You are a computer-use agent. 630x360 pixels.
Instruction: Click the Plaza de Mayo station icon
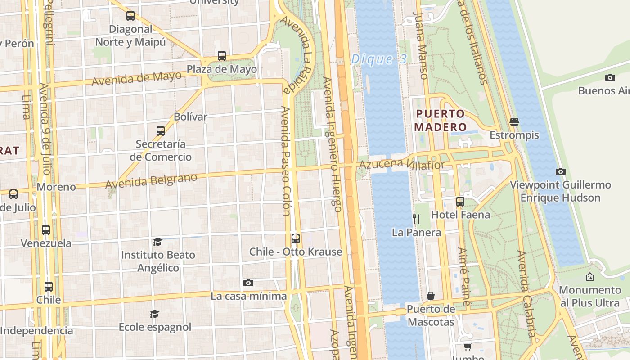(x=222, y=56)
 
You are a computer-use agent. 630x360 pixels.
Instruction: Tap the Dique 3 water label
(x=379, y=59)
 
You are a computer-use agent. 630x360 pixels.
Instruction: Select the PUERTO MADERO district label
(x=440, y=120)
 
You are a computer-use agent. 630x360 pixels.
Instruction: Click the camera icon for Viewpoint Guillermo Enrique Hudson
(x=560, y=171)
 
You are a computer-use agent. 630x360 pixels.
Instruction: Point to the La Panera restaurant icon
(x=416, y=219)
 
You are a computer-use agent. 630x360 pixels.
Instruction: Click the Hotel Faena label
(x=460, y=215)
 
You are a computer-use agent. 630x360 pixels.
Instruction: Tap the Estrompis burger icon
(x=514, y=121)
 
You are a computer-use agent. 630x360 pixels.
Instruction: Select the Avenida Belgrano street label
(x=151, y=181)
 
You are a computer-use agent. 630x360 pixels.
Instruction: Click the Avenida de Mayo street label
(x=137, y=78)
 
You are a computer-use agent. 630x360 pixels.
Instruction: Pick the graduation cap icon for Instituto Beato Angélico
(x=157, y=242)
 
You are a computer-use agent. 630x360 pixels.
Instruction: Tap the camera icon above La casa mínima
(x=248, y=283)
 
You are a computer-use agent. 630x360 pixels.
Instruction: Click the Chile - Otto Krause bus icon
(x=296, y=238)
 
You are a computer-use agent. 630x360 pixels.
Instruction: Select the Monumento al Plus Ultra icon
(x=589, y=277)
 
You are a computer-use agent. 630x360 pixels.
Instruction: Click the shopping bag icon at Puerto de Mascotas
(x=431, y=296)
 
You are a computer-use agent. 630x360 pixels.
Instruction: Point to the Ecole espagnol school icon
(x=155, y=314)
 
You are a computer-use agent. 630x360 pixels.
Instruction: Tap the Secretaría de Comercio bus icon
(x=161, y=131)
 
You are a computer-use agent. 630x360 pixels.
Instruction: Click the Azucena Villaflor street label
(x=401, y=165)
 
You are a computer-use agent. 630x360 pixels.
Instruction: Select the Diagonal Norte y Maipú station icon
(x=130, y=16)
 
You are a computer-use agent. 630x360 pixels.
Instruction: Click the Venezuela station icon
(x=46, y=230)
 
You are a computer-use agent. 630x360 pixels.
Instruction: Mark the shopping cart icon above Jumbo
(x=468, y=346)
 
